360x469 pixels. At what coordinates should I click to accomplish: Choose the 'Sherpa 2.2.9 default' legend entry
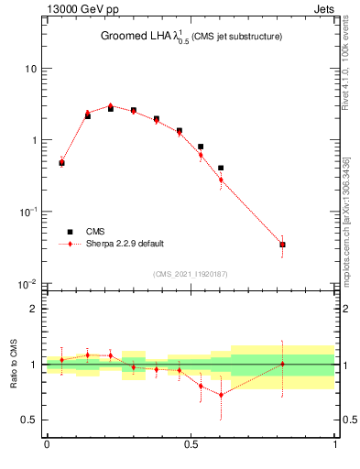tap(125, 244)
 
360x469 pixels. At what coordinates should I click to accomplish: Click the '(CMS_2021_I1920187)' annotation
tap(191, 274)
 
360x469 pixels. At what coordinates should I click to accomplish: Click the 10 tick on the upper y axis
tap(30, 69)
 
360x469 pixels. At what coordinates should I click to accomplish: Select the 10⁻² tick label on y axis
tap(28, 283)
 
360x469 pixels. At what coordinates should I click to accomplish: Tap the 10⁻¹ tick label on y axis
tap(28, 212)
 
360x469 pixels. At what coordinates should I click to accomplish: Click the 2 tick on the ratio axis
tap(35, 309)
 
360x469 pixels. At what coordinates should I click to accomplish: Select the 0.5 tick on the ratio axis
tap(30, 420)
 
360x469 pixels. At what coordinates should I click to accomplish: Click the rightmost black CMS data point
tap(282, 245)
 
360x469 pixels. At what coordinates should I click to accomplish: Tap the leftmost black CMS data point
tap(61, 163)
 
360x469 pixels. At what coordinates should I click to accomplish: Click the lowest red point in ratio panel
tap(221, 395)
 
